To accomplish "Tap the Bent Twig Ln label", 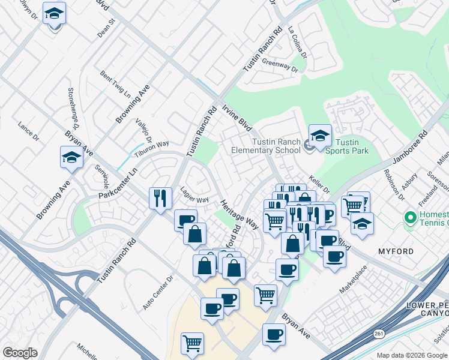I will coord(115,85).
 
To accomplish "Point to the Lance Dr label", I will coord(28,132).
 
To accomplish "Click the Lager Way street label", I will coord(194,195).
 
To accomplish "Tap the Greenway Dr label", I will coord(280,65).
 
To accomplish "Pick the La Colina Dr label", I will coord(297,42).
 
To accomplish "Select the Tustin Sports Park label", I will coord(351,146).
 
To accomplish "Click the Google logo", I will coord(20,353).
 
